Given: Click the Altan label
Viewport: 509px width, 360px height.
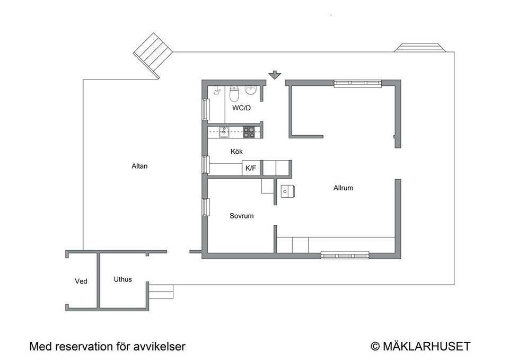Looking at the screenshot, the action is click(x=139, y=166).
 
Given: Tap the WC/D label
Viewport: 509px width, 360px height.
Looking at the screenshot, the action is click(x=242, y=108).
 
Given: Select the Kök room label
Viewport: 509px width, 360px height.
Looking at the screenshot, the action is click(x=236, y=152).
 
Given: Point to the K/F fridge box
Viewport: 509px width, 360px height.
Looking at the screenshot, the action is click(x=251, y=168).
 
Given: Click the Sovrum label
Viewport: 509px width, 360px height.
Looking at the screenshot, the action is click(x=242, y=216).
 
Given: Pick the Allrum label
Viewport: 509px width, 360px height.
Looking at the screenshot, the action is click(x=343, y=188).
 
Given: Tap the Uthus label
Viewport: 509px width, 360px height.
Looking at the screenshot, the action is click(x=122, y=279).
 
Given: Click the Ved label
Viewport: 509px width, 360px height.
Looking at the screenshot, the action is click(x=81, y=282).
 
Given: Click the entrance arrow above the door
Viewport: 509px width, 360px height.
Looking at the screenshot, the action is click(x=275, y=75).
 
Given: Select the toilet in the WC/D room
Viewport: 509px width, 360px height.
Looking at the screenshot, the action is click(x=234, y=94).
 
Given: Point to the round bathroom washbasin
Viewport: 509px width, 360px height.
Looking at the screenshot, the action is click(x=251, y=91).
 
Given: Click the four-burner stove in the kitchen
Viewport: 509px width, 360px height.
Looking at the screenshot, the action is click(x=249, y=133).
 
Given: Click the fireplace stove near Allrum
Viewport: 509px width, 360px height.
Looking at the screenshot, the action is click(x=287, y=191).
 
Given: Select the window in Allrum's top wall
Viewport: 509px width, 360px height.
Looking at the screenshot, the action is click(x=358, y=83).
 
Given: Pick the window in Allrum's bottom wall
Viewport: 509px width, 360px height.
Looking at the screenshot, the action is click(x=345, y=255).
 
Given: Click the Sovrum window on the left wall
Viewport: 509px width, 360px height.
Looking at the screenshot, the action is click(x=205, y=207).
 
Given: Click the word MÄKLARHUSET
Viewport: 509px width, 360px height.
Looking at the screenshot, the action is click(x=426, y=346).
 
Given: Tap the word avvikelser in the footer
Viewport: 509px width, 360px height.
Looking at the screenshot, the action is click(x=160, y=347).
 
